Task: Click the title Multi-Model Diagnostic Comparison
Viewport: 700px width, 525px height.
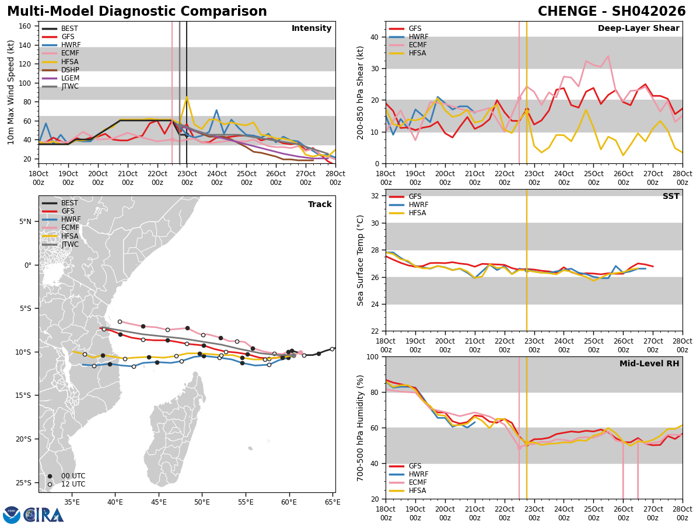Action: pos(137,12)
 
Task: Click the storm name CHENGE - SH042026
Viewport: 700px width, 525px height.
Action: pos(611,12)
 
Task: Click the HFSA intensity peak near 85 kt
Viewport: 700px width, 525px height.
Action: pos(187,97)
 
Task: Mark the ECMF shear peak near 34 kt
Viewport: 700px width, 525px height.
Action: pos(608,56)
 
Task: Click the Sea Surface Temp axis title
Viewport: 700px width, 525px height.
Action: pos(360,260)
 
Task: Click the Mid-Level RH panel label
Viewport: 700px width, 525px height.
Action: pos(649,364)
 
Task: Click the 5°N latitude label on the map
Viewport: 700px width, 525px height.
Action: pos(26,222)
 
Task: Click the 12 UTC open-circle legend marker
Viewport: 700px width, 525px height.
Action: pos(50,484)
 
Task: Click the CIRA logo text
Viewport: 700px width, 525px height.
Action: pos(44,514)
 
